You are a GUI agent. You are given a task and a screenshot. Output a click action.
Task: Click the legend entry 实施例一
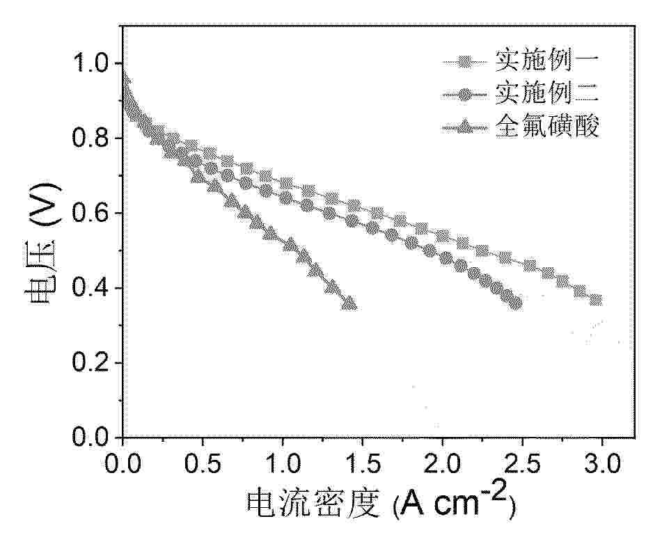point(546,62)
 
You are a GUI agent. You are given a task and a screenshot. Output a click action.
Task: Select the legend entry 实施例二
point(546,93)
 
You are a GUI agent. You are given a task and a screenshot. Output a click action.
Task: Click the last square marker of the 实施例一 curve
point(595,300)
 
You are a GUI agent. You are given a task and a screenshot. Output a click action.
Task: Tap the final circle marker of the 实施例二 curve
point(516,303)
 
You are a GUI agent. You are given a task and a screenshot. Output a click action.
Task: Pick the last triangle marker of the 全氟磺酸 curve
point(350,303)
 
